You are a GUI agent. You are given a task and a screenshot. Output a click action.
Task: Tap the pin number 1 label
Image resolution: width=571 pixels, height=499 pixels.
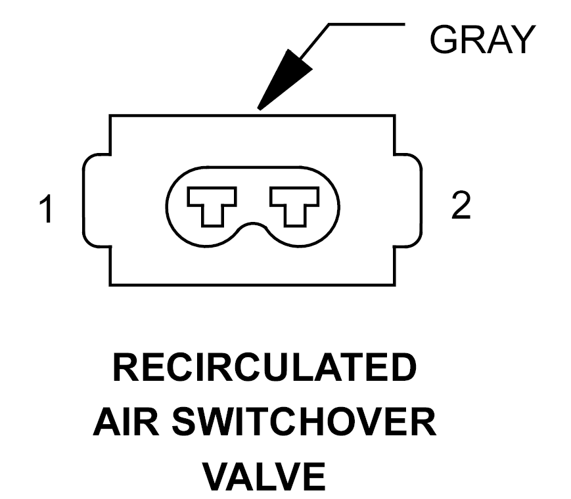[47, 209]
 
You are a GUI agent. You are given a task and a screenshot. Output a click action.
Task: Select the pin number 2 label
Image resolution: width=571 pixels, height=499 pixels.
[461, 205]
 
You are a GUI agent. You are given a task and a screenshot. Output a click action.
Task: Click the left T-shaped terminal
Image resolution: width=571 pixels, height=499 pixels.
[212, 206]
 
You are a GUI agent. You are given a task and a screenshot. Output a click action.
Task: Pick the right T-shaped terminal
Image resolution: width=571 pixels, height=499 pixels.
[294, 206]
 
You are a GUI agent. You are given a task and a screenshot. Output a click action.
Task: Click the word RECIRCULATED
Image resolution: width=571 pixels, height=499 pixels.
[264, 367]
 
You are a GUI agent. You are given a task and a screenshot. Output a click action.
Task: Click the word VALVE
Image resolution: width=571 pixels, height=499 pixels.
[264, 476]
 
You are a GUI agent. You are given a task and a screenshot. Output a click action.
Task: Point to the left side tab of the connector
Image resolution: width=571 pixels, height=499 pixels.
[97, 200]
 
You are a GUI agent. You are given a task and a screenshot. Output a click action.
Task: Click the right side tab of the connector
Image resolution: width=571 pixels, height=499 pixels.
[408, 200]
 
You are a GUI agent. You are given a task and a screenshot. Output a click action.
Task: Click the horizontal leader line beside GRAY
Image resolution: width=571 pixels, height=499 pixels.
[367, 24]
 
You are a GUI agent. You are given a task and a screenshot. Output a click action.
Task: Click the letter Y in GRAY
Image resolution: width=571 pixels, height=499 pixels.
[522, 39]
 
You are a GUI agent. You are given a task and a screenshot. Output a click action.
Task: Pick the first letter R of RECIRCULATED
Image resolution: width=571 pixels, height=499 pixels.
[126, 367]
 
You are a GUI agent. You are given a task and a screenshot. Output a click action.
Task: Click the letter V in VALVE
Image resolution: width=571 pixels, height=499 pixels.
[217, 476]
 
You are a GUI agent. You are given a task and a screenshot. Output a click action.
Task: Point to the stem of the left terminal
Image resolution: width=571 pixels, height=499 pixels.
[212, 217]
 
